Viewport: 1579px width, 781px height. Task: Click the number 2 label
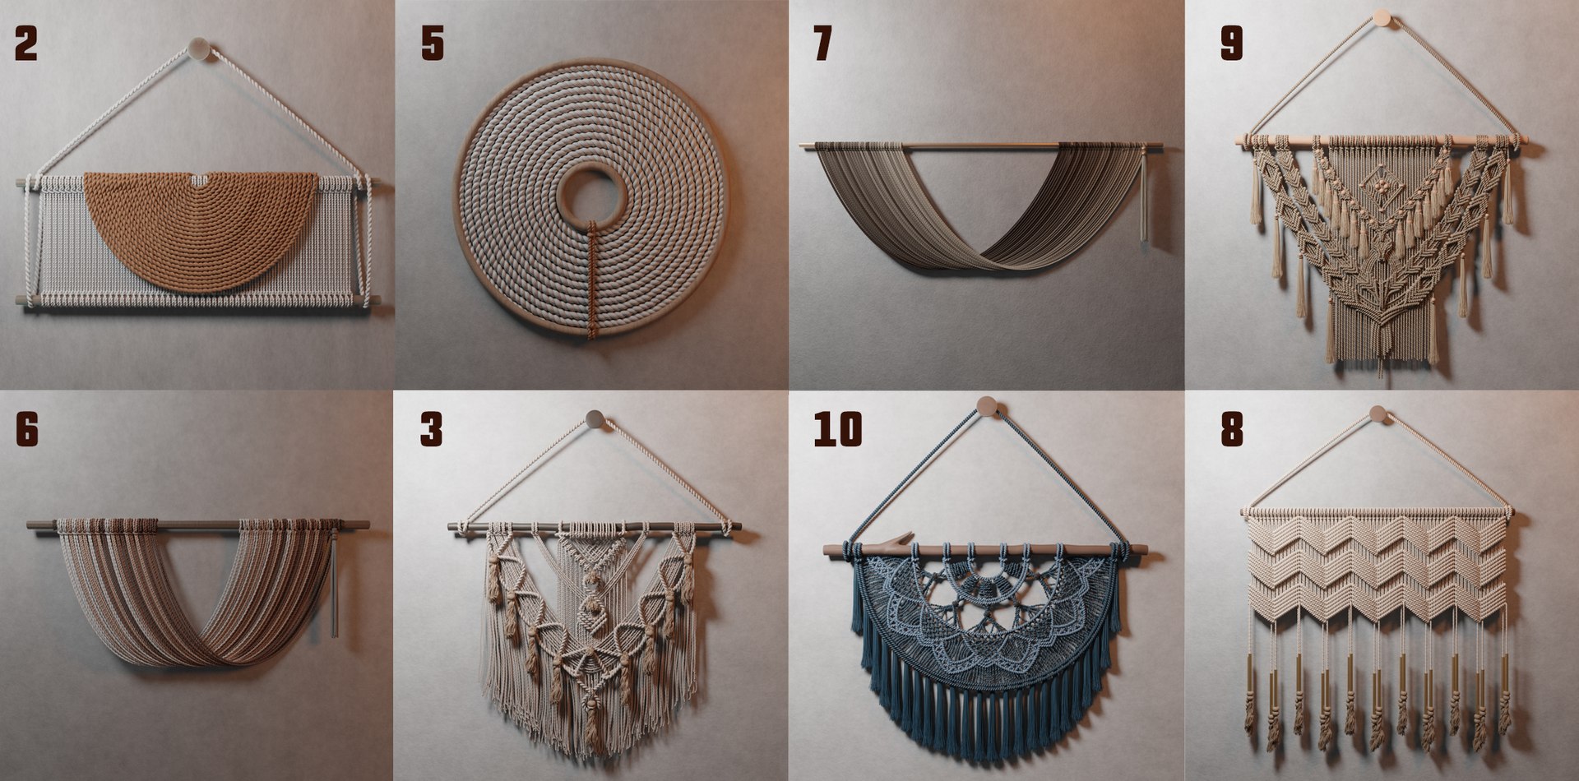(26, 44)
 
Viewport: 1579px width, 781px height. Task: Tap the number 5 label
(433, 44)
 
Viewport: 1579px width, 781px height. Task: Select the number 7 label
(822, 44)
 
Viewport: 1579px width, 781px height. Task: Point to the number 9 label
(1231, 44)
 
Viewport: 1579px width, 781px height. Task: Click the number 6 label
(26, 429)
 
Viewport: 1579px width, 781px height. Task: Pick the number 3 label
(431, 429)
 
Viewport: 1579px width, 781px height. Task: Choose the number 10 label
(838, 429)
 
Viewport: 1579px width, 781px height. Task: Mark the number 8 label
(1231, 429)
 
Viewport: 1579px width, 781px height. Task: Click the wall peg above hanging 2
(198, 49)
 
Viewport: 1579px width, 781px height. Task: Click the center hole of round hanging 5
(589, 196)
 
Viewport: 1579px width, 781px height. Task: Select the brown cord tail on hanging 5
(591, 280)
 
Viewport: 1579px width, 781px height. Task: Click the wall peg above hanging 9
(1382, 18)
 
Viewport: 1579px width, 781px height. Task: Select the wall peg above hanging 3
(595, 419)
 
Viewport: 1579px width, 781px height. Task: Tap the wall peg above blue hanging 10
(987, 406)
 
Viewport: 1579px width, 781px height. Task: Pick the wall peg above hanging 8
(1378, 414)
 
